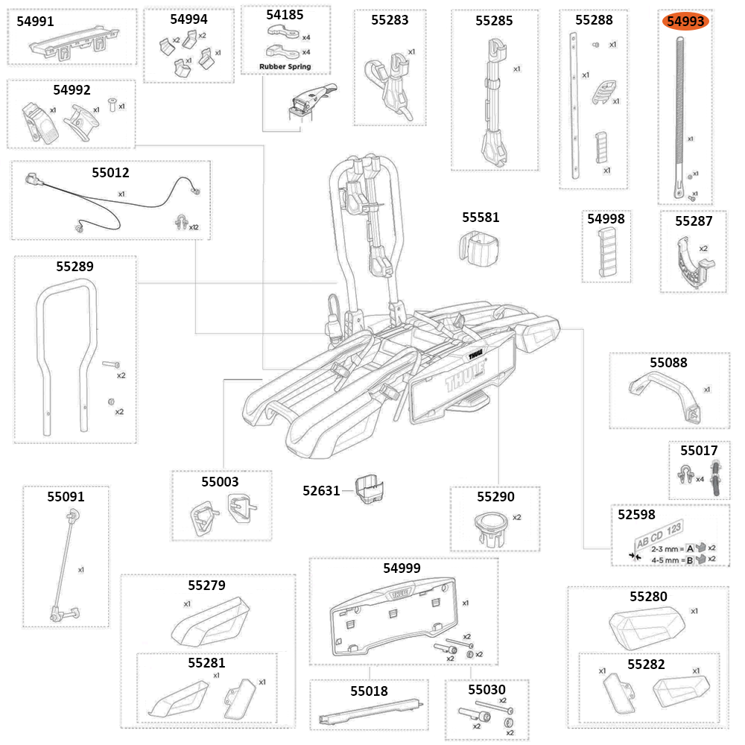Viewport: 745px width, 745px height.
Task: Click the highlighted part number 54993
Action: tap(685, 22)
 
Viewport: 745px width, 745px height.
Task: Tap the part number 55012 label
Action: tap(110, 173)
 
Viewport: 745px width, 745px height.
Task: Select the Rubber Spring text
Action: tap(285, 67)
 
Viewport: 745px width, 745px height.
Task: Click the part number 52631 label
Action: tap(321, 491)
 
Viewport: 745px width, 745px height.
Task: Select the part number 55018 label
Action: tap(369, 691)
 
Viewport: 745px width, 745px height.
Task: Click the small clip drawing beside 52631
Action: tap(370, 489)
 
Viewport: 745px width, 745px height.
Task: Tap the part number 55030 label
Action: tap(486, 691)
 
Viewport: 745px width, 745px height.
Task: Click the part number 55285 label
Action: tap(494, 21)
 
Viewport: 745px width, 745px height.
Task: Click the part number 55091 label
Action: tap(66, 496)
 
